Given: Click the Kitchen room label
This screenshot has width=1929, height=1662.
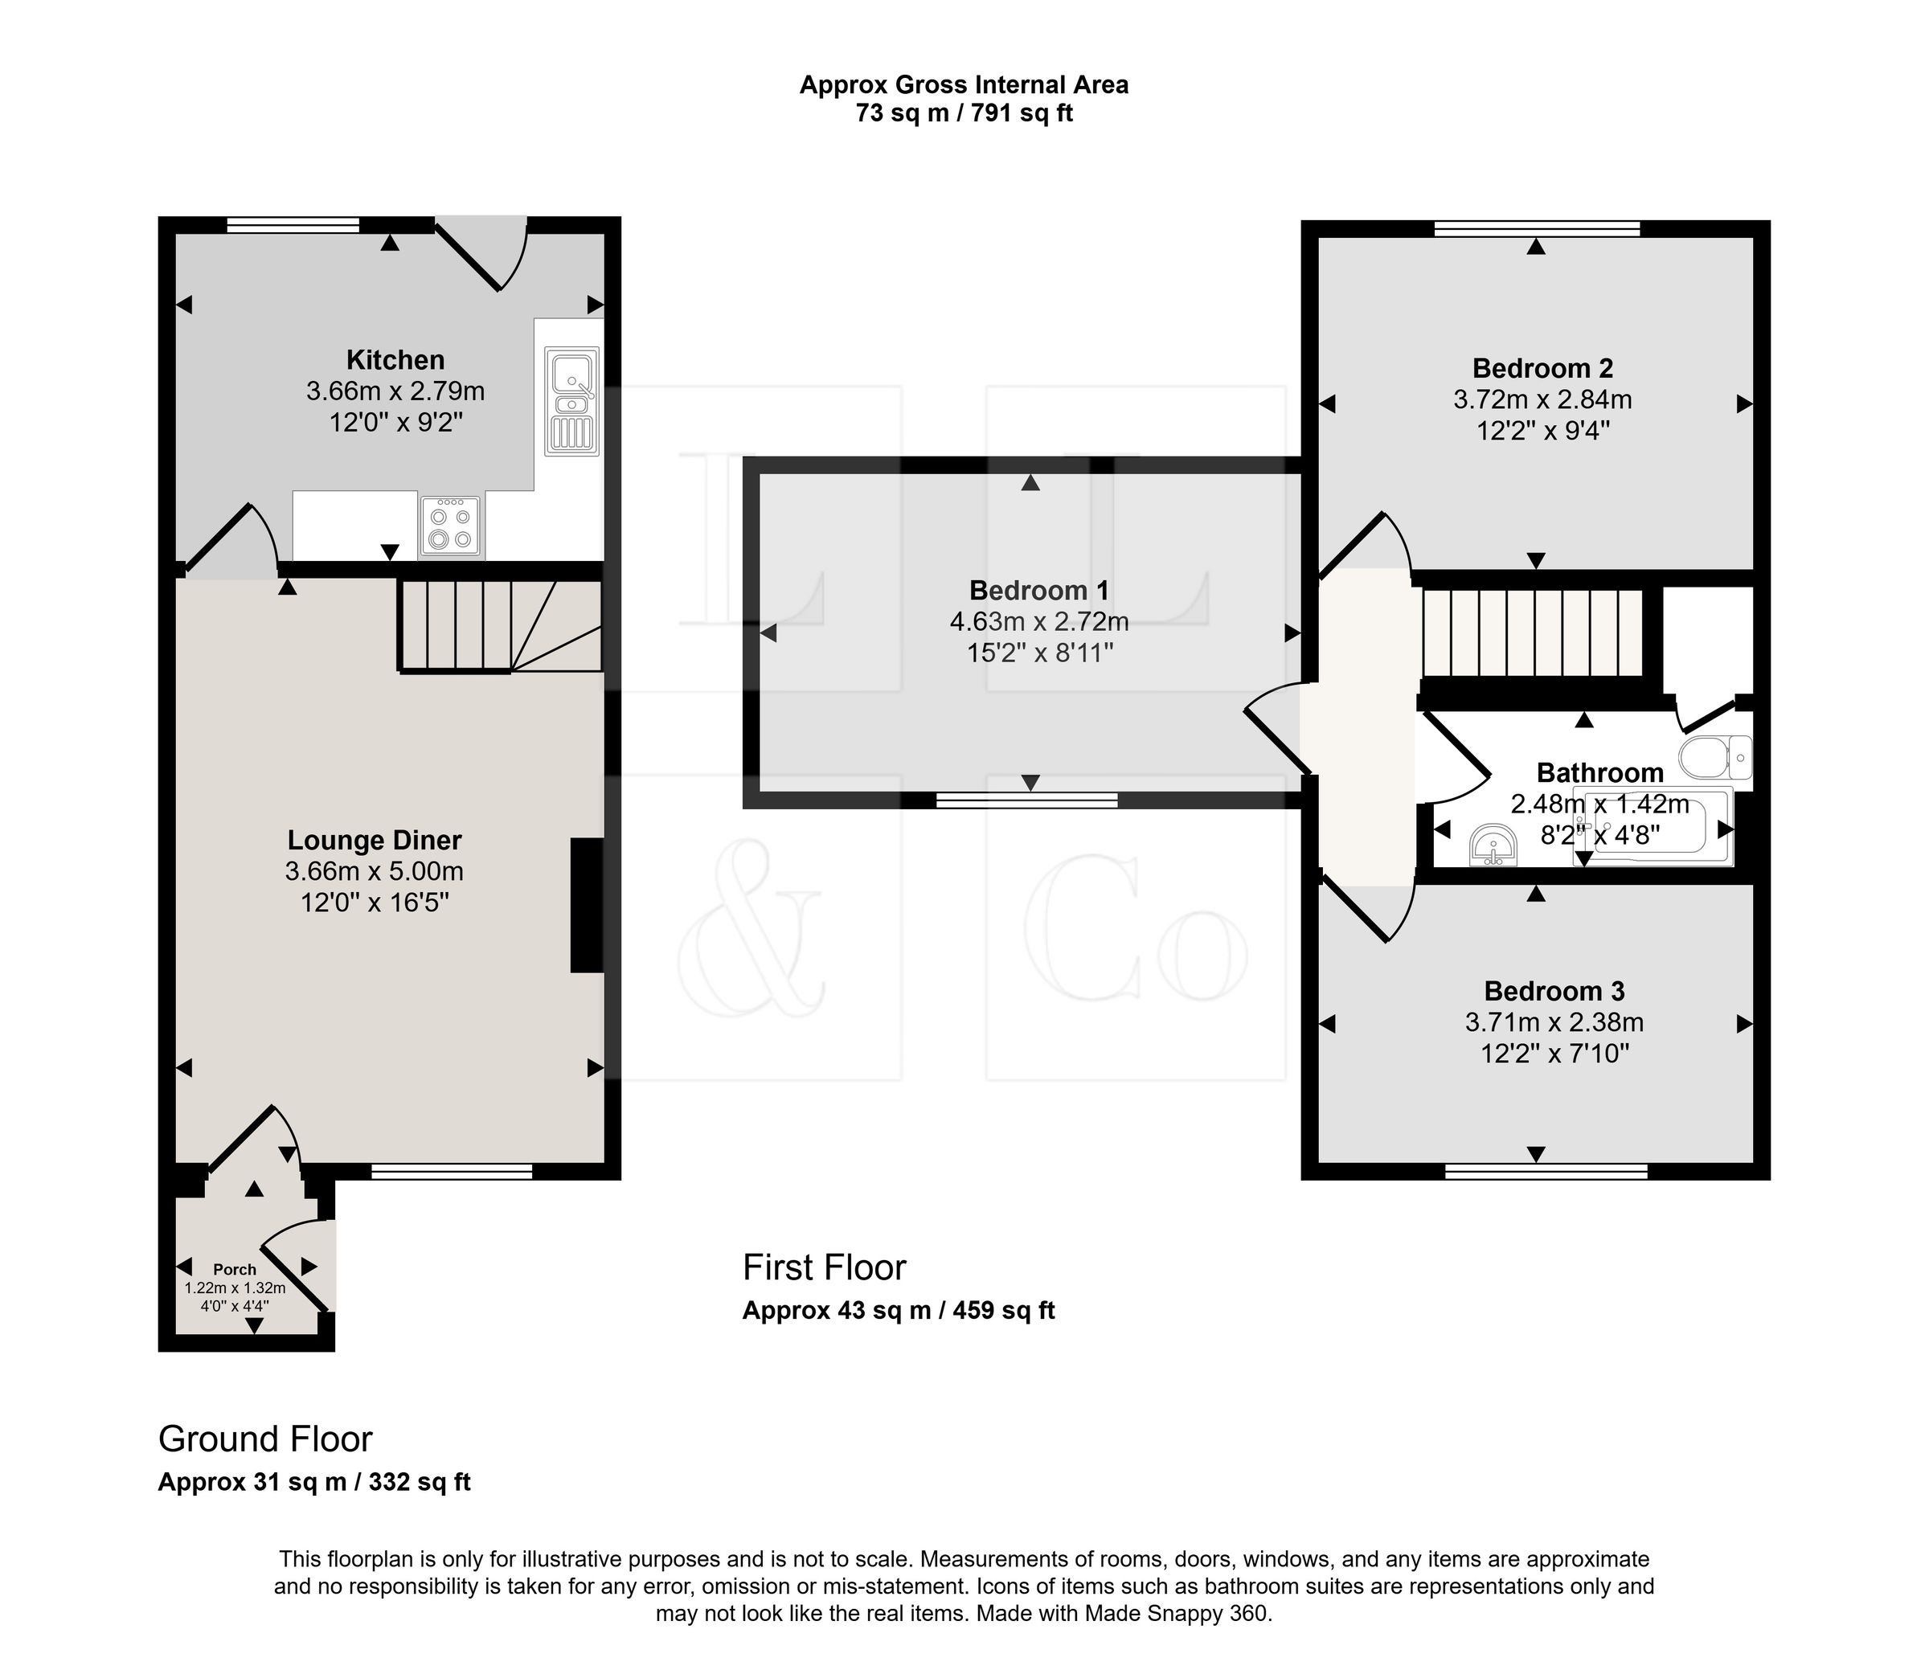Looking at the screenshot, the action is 395,359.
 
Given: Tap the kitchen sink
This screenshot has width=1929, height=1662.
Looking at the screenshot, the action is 571,401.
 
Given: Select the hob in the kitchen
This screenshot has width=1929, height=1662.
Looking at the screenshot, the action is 451,526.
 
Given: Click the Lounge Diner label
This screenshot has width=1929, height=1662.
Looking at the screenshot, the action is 375,840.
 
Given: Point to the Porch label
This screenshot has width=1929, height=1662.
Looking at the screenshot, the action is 235,1269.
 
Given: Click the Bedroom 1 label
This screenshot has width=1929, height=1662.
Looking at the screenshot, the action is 1040,591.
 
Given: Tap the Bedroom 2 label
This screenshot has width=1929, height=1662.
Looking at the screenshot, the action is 1542,369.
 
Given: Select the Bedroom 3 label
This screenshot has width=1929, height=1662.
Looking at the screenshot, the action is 1554,991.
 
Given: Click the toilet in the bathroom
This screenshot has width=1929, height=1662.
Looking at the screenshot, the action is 1716,757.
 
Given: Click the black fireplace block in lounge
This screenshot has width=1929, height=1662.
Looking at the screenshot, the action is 587,906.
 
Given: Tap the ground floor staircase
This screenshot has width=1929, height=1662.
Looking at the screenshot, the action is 500,627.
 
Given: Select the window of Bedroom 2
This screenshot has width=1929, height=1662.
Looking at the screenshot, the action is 1537,228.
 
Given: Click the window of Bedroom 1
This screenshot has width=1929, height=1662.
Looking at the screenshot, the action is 1027,800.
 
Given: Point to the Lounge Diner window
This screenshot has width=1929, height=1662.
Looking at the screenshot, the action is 452,1171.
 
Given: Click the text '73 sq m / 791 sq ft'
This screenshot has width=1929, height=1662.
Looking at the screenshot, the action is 964,113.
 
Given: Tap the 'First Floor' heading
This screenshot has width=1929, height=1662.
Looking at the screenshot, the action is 824,1267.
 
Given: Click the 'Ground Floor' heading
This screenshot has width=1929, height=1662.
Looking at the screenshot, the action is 265,1439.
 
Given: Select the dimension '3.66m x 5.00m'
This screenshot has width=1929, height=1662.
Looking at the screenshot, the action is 375,871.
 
